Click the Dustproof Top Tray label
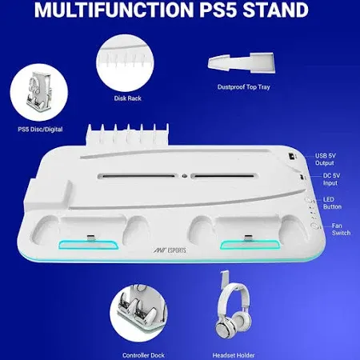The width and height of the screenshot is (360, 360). (241, 86)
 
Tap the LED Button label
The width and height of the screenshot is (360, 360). (330, 204)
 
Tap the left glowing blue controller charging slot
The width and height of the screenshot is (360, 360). (90, 246)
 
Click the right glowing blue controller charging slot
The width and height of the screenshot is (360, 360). (243, 246)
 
